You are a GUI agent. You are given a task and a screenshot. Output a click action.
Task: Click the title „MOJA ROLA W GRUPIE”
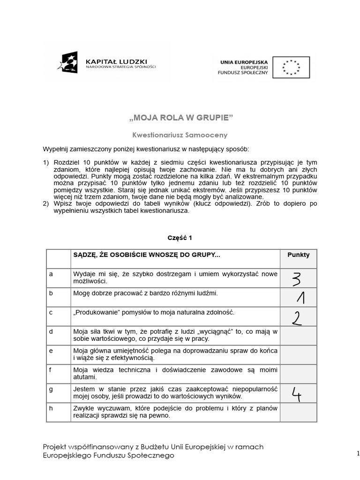[180, 117]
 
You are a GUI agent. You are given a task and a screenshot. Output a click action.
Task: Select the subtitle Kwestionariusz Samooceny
[180, 135]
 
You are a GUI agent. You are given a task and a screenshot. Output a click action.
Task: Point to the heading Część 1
[180, 238]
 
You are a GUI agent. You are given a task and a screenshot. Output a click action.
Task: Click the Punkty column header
[298, 255]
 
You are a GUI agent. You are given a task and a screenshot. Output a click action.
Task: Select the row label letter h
[51, 408]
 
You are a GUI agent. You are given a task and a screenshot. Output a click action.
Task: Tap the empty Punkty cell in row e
[298, 355]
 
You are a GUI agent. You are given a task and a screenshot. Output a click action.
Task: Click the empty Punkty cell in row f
[298, 374]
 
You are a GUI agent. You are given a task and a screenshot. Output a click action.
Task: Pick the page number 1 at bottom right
[357, 453]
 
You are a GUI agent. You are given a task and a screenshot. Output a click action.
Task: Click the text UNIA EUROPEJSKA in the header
[244, 61]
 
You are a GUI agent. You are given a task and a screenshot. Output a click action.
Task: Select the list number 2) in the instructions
[46, 204]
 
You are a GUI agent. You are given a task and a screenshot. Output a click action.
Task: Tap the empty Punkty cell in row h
[298, 412]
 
